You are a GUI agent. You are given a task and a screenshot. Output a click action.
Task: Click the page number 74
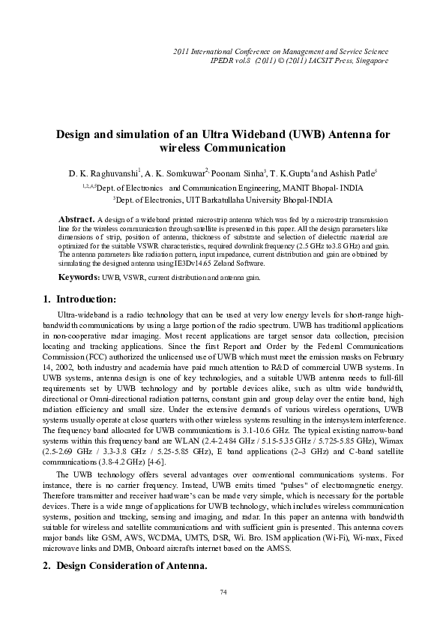pos(223,613)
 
